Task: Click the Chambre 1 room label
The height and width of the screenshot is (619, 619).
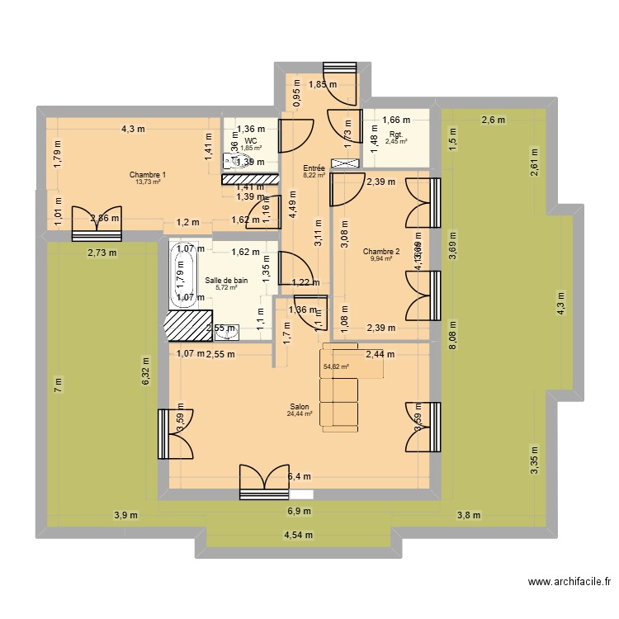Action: tap(148, 174)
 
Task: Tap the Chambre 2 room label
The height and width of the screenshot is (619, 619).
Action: tap(380, 252)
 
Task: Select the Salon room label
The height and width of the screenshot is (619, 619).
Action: tap(300, 406)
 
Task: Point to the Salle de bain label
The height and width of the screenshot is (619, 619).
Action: tap(226, 281)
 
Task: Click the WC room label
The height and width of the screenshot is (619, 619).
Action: tap(251, 141)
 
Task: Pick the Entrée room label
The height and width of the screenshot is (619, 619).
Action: tap(314, 168)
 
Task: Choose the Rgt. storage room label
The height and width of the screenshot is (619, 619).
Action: tap(396, 134)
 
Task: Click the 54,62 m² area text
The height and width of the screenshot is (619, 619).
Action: tap(336, 366)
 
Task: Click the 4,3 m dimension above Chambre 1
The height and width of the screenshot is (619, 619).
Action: tap(133, 129)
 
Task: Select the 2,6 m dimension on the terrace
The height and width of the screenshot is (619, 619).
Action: tap(494, 120)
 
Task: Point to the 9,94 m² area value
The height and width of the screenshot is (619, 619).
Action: tap(380, 259)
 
